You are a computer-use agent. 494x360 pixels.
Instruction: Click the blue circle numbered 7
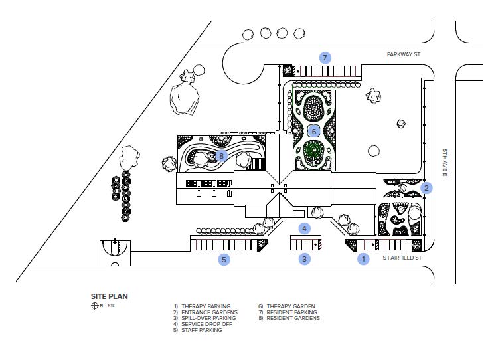325,58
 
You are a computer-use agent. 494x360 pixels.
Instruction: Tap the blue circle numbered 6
314,131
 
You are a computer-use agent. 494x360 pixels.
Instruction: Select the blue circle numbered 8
222,155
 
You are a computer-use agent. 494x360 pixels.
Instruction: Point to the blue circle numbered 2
426,188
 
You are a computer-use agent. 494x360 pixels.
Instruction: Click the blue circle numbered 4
304,228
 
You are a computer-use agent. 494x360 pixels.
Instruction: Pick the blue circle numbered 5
224,260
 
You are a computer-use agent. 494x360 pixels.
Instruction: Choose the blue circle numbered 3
304,259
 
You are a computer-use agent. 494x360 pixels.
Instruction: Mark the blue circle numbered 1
363,259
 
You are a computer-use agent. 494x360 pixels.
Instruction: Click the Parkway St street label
404,54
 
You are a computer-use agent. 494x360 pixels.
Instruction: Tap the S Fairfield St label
402,258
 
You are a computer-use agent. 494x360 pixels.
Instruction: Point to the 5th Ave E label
444,163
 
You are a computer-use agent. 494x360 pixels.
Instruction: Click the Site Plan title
110,296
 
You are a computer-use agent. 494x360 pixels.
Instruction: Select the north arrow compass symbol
95,306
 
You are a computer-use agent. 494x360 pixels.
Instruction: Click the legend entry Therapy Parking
203,306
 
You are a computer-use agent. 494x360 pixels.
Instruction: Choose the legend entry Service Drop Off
203,324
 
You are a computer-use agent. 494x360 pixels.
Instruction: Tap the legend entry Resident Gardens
289,318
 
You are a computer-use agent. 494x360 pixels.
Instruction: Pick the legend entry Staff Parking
198,330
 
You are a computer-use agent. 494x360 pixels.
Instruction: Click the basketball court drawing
115,253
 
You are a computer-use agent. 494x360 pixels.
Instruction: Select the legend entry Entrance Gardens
205,312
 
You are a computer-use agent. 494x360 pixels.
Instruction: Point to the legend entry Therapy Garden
287,306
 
